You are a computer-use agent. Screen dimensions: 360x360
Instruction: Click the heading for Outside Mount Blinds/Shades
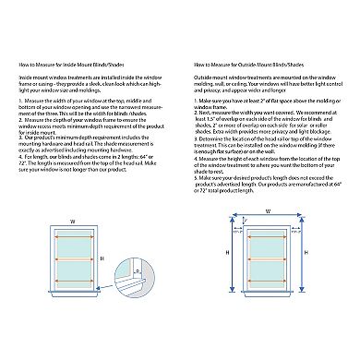point(242,65)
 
